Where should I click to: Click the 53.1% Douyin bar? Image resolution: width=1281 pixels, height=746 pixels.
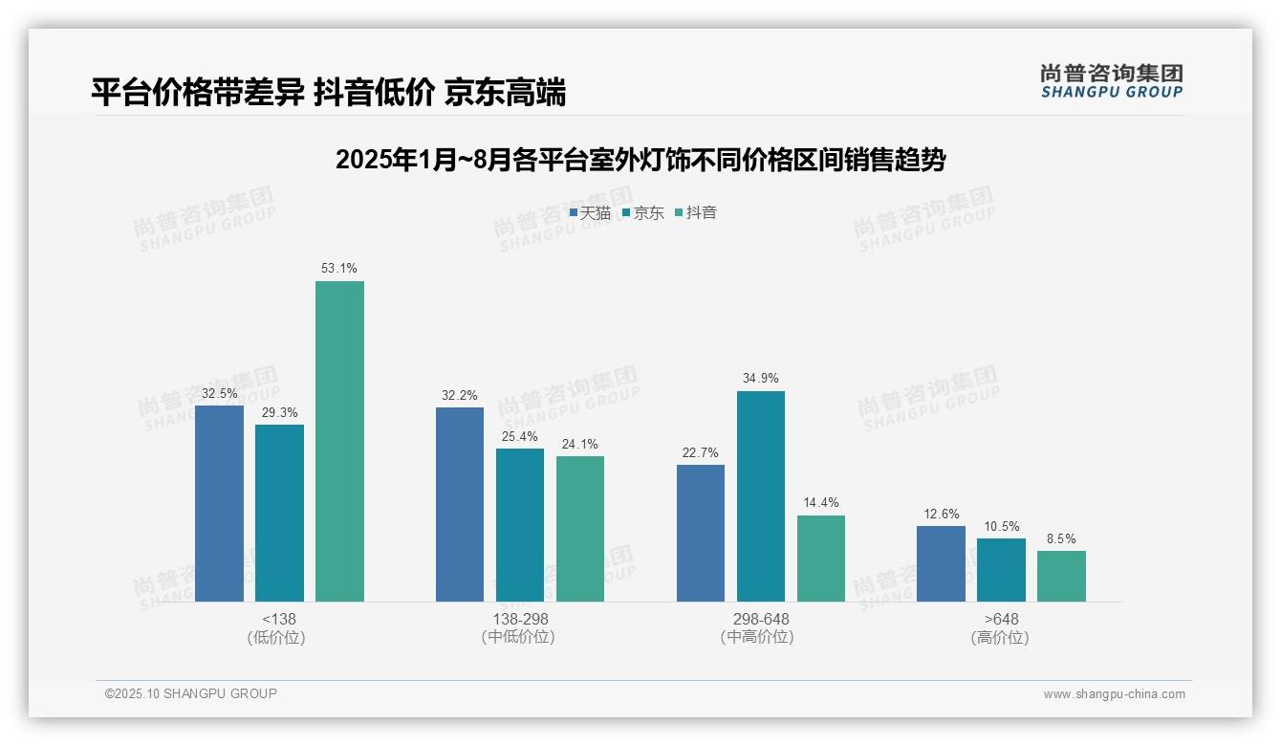(339, 441)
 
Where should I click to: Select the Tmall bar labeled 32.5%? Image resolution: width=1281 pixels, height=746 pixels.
(219, 503)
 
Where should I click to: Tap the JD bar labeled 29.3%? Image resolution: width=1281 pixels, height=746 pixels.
(279, 513)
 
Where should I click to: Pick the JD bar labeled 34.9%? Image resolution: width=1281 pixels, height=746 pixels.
(761, 495)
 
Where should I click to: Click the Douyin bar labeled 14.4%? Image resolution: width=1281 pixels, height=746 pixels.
(821, 559)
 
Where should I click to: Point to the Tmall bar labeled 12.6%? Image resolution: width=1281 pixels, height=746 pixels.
(941, 563)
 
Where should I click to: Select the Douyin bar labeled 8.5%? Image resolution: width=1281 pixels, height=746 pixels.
(1061, 576)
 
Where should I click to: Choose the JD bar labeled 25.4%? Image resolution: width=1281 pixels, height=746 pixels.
(520, 525)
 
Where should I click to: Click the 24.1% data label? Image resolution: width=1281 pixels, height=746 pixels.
(580, 444)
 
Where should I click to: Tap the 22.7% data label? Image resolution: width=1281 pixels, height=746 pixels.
(701, 452)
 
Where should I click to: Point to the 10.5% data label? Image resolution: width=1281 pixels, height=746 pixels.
(1002, 526)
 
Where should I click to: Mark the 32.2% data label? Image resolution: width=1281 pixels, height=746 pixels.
(460, 395)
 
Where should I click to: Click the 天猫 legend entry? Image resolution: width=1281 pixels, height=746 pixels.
(590, 212)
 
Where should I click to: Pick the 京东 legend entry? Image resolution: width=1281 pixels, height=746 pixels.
(643, 212)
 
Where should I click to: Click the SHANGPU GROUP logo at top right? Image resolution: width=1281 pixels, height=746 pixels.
(1111, 80)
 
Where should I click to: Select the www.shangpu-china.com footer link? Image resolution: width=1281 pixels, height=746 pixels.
(1114, 694)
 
